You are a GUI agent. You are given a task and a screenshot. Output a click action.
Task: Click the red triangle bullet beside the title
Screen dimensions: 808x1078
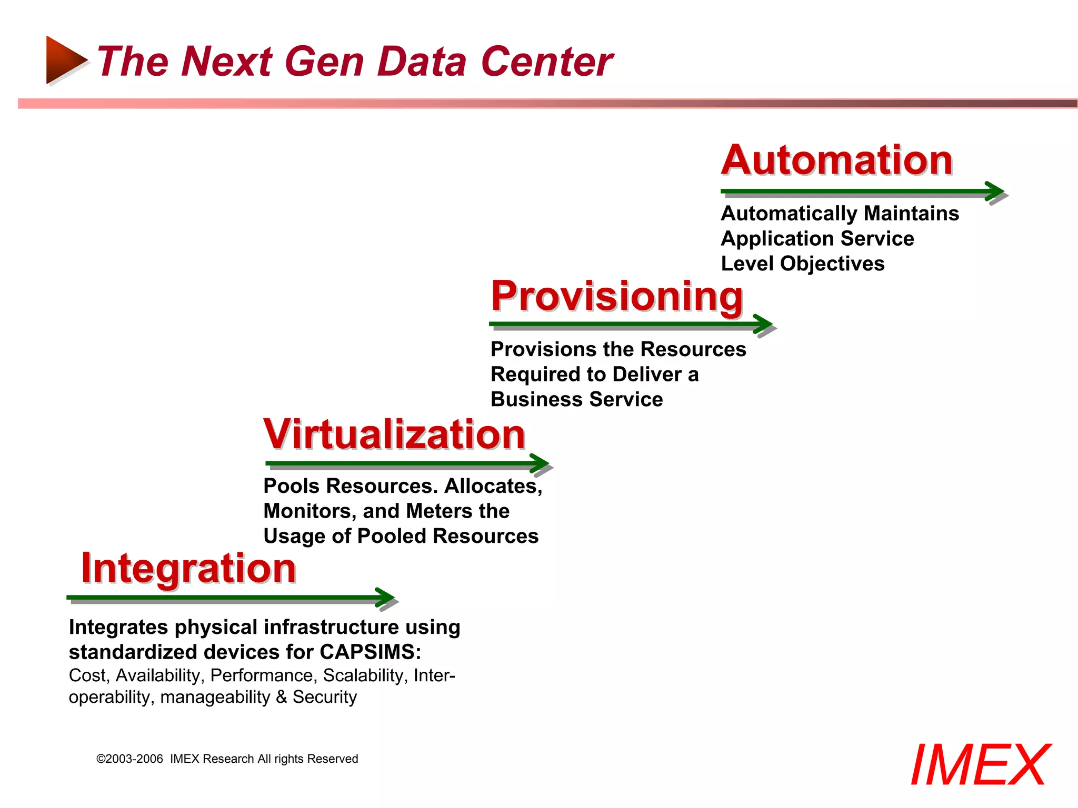coord(64,60)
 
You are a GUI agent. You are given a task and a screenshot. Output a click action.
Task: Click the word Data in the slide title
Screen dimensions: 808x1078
coord(422,62)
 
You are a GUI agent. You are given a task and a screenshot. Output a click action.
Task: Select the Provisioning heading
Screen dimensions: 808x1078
coord(617,296)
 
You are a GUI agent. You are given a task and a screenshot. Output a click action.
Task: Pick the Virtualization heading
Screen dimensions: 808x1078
coord(394,435)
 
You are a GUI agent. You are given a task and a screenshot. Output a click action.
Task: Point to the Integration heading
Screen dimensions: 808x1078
coord(188,569)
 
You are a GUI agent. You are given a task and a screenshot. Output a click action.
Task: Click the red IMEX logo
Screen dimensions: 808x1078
coord(980,765)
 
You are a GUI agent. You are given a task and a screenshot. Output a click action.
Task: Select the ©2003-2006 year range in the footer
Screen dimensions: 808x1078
coord(130,759)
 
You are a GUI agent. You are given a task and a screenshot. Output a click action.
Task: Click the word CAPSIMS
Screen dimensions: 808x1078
coord(370,652)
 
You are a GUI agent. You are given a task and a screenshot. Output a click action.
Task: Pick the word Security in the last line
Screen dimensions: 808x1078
coord(325,697)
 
